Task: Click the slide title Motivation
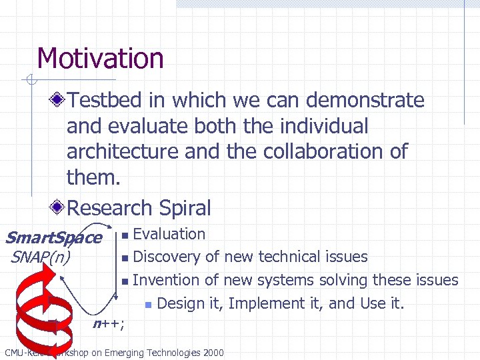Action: pos(100,58)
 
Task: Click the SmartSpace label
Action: pos(53,237)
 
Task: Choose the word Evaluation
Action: pos(169,234)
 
